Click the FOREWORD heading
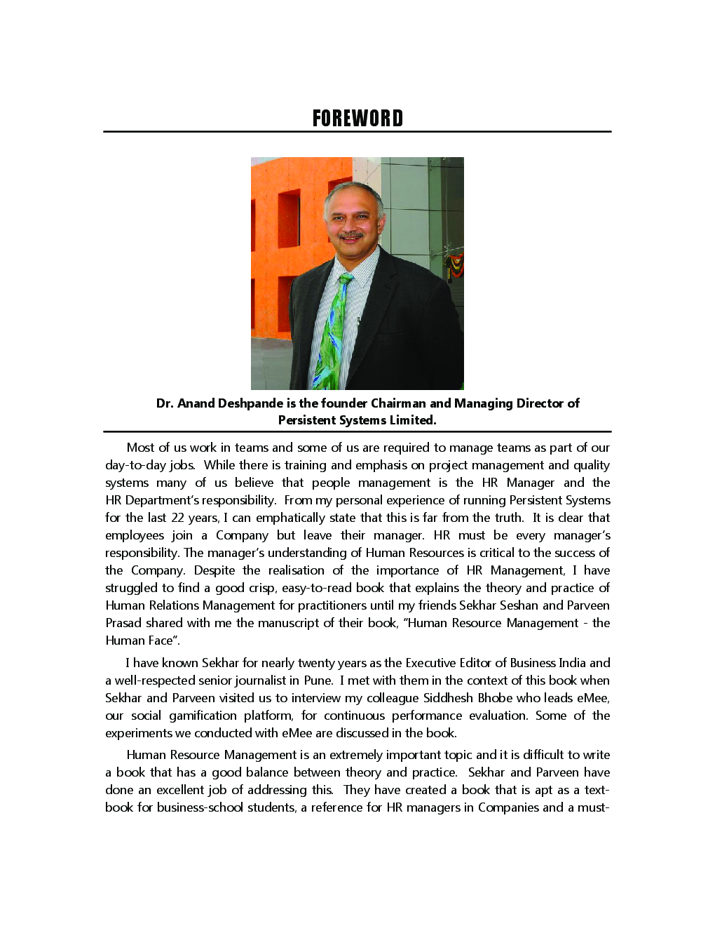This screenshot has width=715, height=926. pyautogui.click(x=357, y=118)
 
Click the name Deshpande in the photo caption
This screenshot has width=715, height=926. pyautogui.click(x=250, y=403)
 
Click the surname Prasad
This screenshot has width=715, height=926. pyautogui.click(x=123, y=623)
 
